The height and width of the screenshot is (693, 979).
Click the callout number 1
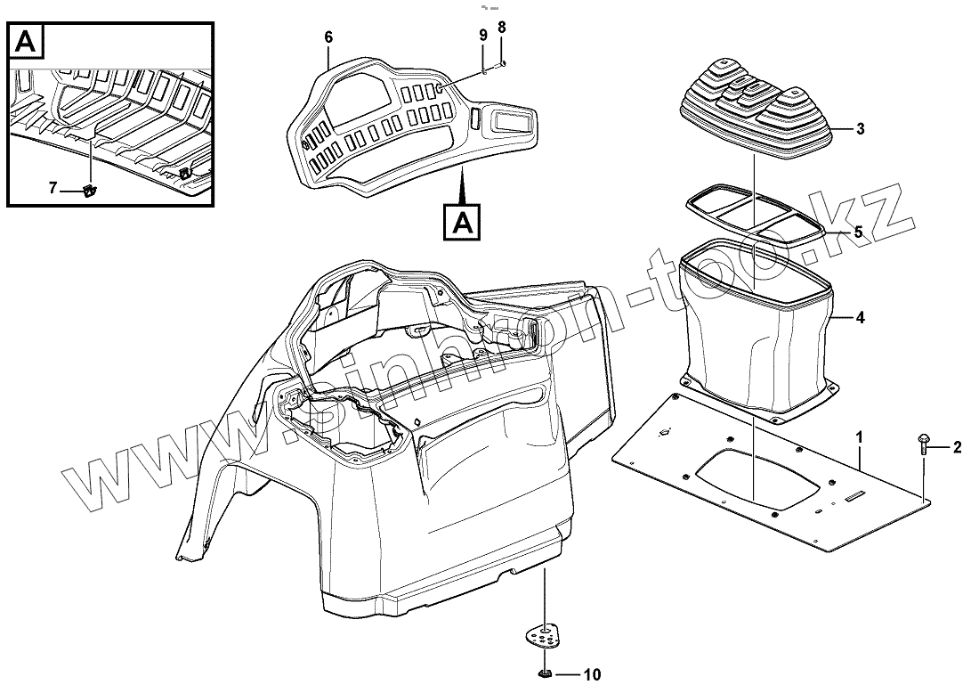pos(860,436)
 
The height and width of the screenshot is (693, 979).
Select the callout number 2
pos(957,447)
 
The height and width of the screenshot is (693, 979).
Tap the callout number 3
pos(860,129)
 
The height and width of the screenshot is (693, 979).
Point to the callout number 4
pos(860,317)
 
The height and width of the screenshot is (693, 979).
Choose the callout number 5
pos(858,232)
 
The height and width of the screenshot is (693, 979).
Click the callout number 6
pos(328,37)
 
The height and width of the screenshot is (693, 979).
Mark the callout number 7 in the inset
pos(53,188)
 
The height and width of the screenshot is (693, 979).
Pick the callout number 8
pos(502,28)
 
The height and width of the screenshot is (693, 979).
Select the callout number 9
pos(483,35)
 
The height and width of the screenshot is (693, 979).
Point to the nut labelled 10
pos(545,673)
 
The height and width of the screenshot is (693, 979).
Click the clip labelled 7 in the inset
pos(91,189)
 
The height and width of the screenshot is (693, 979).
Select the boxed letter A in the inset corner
pos(26,40)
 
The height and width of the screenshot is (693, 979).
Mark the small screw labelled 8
pos(503,63)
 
